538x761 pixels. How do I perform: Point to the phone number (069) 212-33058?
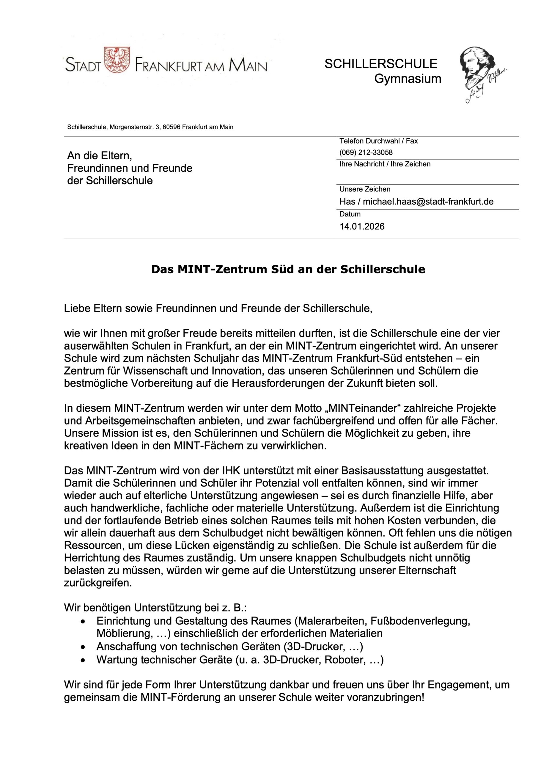[x=366, y=152]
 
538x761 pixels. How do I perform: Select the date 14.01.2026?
[x=362, y=227]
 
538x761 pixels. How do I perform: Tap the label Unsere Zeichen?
[x=365, y=189]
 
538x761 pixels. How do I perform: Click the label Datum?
[x=350, y=214]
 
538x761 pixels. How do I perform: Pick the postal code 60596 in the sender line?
[x=172, y=127]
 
